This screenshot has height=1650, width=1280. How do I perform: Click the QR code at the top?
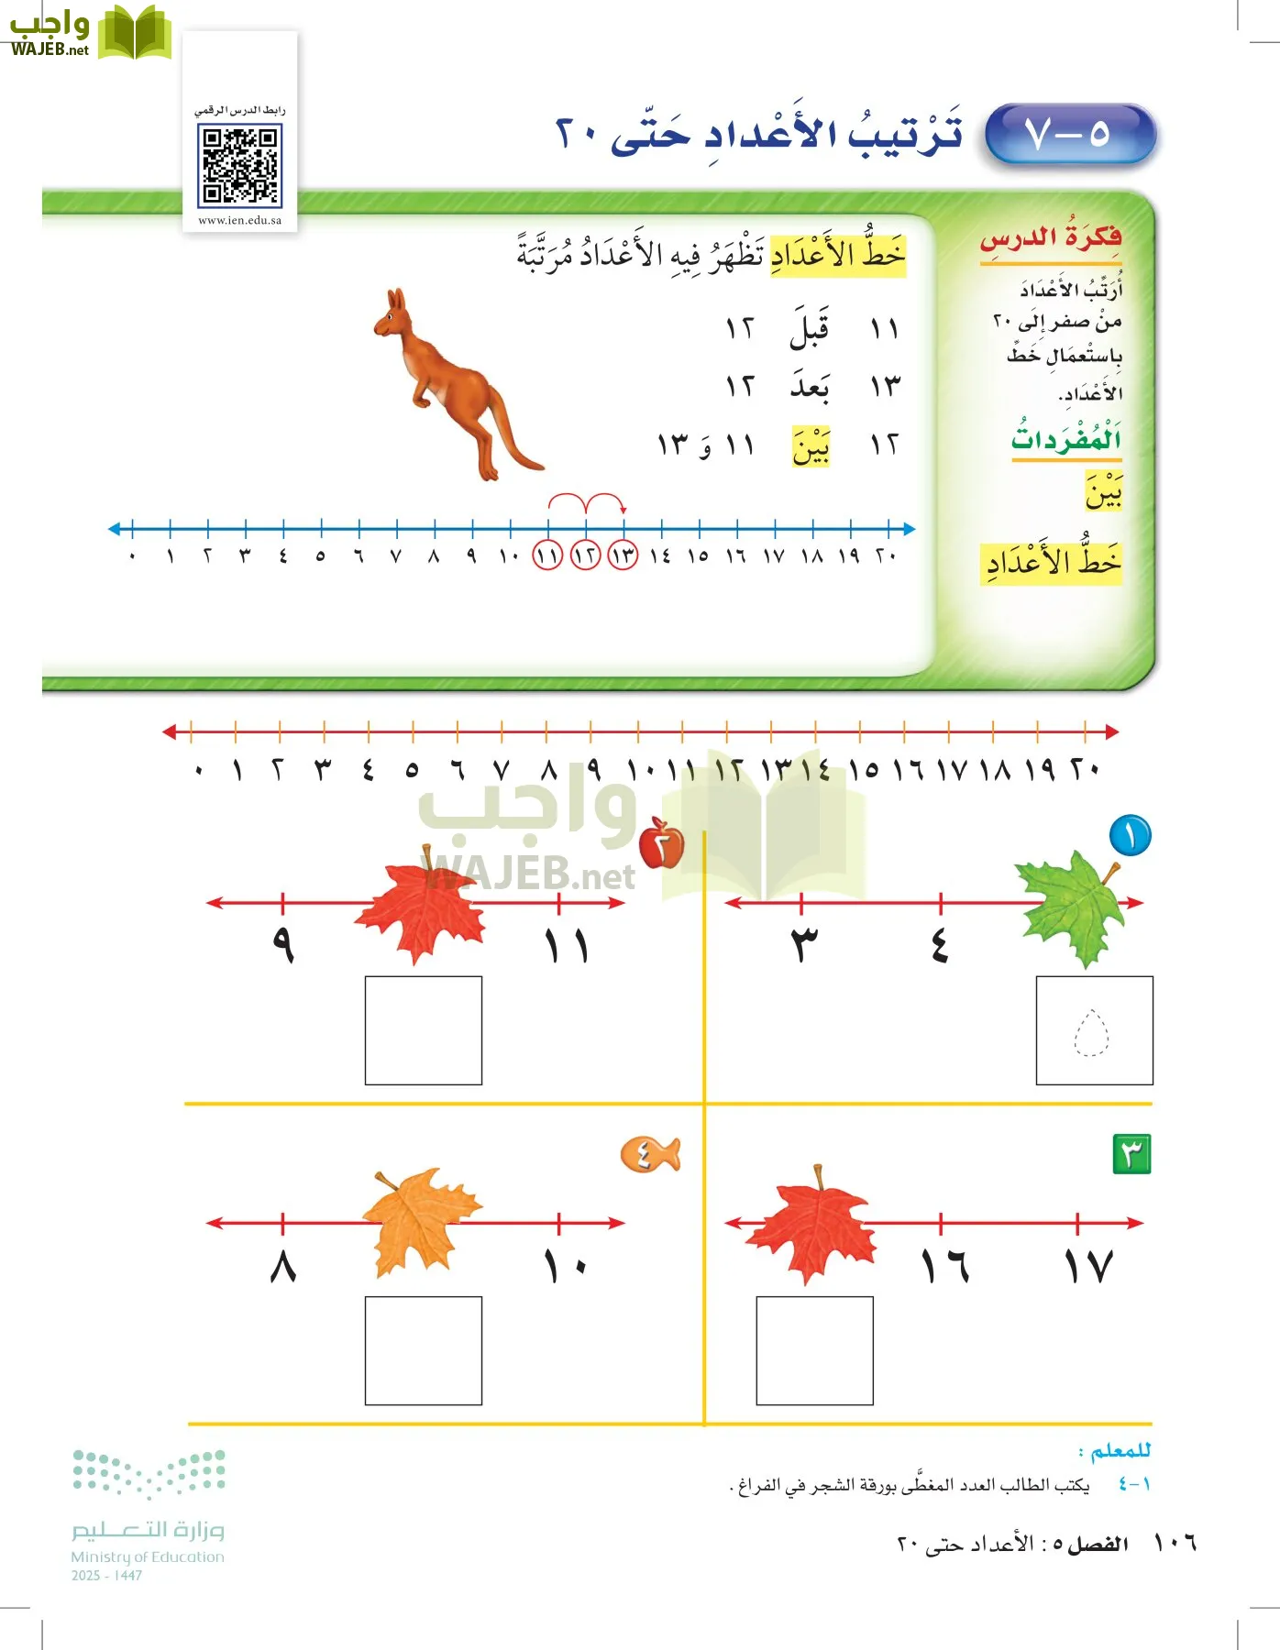click(239, 166)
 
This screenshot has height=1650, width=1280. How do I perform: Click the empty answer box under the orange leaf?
click(423, 1349)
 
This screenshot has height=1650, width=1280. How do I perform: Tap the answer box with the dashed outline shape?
click(1094, 1030)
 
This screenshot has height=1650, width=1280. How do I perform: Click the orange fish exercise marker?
click(650, 1153)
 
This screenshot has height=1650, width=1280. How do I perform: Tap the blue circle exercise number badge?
click(1130, 836)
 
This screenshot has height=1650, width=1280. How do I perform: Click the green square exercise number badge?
click(1131, 1153)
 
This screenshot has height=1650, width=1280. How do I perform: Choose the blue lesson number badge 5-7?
click(1069, 135)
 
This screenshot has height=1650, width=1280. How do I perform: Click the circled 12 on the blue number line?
click(585, 555)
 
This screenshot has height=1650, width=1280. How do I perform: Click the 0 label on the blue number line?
click(133, 556)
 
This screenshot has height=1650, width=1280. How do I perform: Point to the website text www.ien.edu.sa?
click(239, 220)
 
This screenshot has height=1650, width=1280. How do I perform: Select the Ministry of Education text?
click(148, 1556)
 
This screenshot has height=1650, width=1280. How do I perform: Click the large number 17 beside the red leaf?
click(1087, 1267)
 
